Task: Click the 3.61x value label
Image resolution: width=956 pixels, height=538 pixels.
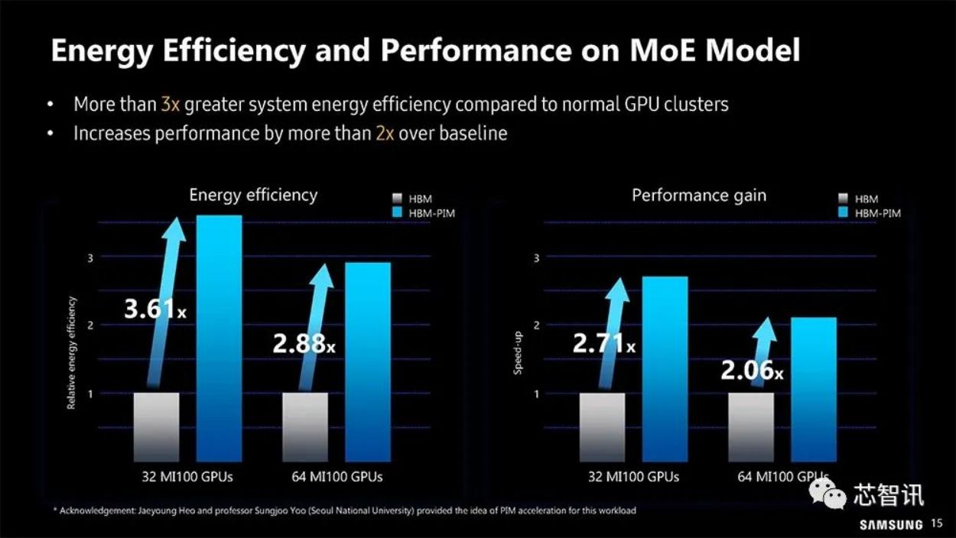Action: click(155, 310)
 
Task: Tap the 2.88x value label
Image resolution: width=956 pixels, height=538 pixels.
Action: click(304, 343)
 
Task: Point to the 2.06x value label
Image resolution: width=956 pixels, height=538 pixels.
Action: click(752, 371)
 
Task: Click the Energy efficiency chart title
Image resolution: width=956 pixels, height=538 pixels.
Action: click(253, 195)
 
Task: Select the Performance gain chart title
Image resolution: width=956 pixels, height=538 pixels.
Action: click(699, 196)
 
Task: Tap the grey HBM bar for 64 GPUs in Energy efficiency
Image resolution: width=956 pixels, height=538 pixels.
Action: click(305, 426)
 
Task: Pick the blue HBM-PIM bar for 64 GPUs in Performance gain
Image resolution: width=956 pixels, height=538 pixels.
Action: click(813, 388)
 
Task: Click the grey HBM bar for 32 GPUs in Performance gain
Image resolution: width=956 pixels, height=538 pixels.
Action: click(602, 426)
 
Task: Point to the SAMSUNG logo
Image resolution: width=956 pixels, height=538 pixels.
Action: click(891, 525)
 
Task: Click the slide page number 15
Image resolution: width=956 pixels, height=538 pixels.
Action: click(938, 524)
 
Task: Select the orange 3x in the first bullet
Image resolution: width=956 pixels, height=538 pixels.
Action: click(170, 104)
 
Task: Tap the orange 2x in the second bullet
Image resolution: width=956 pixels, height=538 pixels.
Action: click(385, 133)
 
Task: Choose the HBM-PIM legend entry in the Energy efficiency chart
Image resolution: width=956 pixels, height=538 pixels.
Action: click(422, 213)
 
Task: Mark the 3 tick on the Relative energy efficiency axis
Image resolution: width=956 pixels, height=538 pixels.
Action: click(89, 258)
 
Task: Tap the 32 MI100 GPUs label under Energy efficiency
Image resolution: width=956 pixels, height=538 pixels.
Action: click(187, 477)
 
